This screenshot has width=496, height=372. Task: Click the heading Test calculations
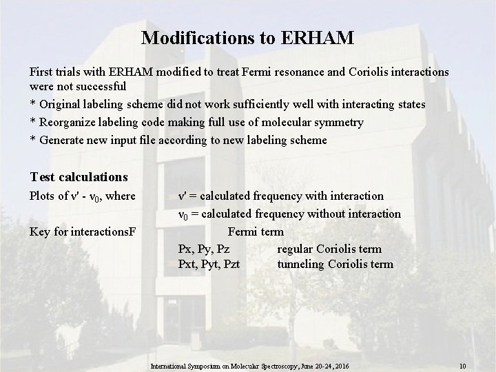click(79, 177)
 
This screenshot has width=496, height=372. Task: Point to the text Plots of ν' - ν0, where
click(82, 197)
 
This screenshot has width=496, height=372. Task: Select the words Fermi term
click(256, 231)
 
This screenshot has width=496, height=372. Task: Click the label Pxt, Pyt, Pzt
click(209, 264)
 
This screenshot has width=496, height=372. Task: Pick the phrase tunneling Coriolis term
click(335, 264)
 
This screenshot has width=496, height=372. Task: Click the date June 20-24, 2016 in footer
click(324, 365)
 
